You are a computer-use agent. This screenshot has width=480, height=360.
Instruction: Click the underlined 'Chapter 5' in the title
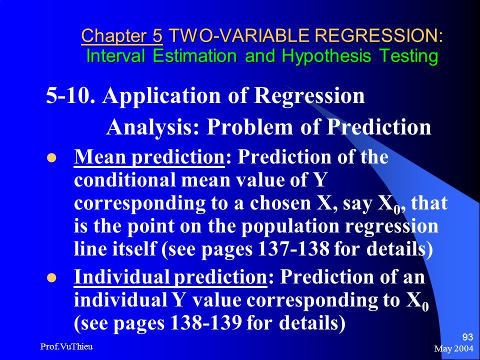tap(122, 36)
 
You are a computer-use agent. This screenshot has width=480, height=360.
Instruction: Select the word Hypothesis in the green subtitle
tap(326, 56)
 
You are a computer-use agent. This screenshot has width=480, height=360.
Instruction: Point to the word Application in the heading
tap(161, 96)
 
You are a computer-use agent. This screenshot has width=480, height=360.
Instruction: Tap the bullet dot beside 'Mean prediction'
tap(51, 158)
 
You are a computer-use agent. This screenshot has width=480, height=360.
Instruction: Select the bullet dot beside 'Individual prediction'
tap(51, 278)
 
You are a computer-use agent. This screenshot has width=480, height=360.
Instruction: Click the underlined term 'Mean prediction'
tap(149, 157)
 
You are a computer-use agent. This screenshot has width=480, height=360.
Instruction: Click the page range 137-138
tap(293, 248)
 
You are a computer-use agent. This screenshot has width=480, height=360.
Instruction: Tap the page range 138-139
tap(205, 322)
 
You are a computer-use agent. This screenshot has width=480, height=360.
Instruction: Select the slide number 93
tap(467, 337)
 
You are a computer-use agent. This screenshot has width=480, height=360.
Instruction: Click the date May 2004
tap(453, 348)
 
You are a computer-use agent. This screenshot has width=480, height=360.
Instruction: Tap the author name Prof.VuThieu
tap(66, 346)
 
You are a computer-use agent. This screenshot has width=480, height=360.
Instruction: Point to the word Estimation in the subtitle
tap(194, 56)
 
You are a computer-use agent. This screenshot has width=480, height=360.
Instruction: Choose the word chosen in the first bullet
tap(280, 203)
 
